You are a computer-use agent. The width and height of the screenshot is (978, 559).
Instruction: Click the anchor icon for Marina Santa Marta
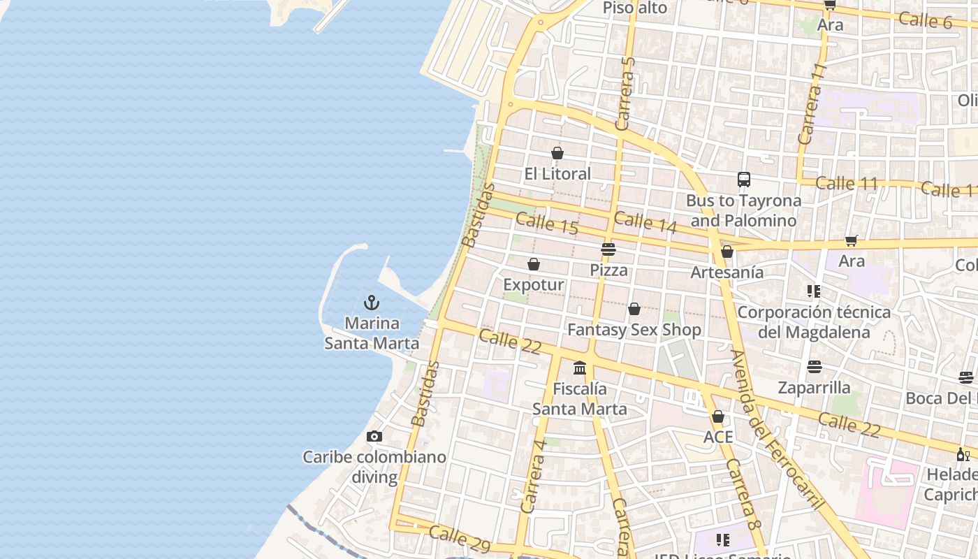point(372,303)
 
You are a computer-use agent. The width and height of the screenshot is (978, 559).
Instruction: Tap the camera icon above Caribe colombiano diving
point(374,436)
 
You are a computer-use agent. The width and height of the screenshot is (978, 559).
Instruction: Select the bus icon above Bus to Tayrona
point(744,180)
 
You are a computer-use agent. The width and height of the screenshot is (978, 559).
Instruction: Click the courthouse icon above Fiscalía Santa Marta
point(580,368)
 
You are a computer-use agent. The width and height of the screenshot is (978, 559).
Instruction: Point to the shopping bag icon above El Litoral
point(557,152)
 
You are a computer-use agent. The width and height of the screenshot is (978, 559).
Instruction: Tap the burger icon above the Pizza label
point(608,249)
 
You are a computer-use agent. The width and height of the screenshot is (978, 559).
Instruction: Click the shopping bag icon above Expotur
point(534,264)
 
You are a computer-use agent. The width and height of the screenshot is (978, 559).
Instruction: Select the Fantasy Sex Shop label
point(634,329)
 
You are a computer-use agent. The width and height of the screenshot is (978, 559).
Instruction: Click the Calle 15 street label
point(547,224)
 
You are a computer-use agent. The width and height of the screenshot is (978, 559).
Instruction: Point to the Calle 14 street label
point(645,222)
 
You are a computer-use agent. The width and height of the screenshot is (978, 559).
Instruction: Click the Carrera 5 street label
point(626,94)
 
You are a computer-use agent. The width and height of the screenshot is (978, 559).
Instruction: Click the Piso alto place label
point(635,8)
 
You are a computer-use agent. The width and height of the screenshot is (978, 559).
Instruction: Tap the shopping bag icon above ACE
point(718,417)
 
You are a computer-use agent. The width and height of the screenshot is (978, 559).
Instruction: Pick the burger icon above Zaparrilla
point(815,367)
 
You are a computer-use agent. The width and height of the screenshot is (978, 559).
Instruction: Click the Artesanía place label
point(727,273)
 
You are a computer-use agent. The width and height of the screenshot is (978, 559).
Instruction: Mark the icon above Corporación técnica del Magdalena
point(814,291)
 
